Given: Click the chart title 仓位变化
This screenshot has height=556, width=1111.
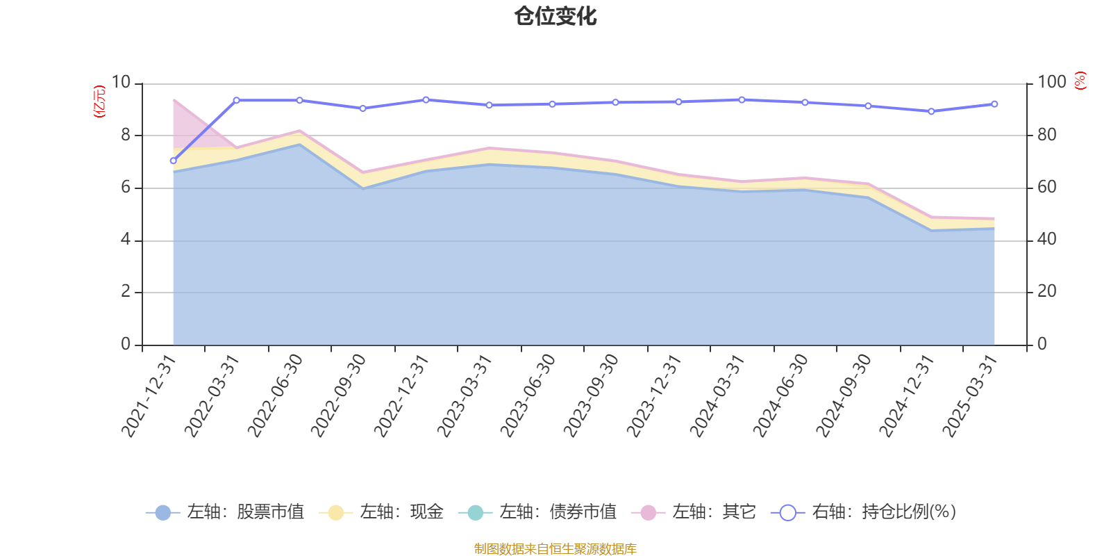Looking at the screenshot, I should tap(555, 16).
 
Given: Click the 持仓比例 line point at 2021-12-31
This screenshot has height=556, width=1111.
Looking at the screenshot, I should tap(173, 161).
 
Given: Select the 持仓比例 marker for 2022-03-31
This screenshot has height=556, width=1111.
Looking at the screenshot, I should tap(236, 100).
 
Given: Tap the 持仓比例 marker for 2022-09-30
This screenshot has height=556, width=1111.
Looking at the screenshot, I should tap(362, 108).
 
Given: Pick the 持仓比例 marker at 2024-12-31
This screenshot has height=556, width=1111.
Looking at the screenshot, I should tap(931, 111).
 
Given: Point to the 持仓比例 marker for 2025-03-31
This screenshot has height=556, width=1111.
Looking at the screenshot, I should tap(994, 104).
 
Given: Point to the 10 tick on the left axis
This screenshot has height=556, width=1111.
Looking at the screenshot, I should tap(121, 82).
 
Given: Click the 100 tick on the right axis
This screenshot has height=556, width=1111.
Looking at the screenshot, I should tap(1051, 82).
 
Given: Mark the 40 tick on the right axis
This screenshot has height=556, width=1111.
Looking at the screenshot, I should tap(1046, 239).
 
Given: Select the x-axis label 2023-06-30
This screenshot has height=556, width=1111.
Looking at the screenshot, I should tap(528, 395).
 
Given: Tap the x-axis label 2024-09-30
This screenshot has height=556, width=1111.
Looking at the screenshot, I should tap(844, 395).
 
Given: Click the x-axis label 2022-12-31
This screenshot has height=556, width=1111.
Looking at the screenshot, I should tap(402, 395).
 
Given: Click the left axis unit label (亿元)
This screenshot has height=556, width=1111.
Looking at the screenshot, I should tap(100, 101).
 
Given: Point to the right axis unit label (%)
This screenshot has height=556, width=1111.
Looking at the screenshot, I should tap(1080, 81).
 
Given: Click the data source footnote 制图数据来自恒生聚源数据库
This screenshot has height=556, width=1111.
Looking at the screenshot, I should tap(555, 549).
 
